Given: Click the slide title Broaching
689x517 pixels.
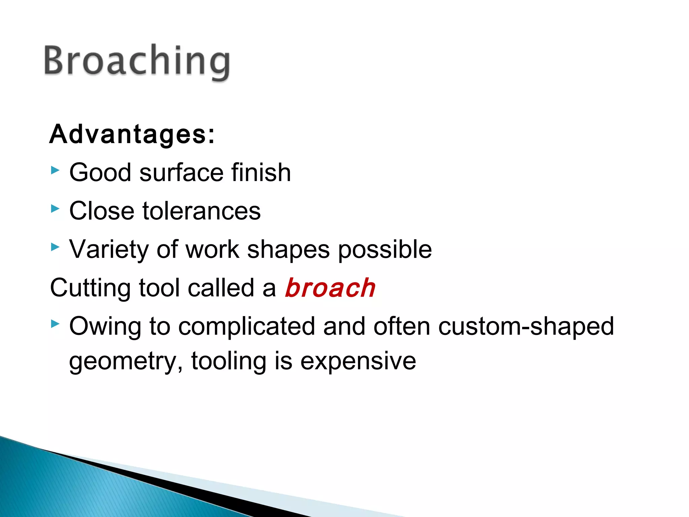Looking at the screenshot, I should click(137, 61).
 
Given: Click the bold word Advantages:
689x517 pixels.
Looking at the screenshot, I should click(132, 134).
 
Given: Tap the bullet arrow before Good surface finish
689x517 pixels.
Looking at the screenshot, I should click(55, 170).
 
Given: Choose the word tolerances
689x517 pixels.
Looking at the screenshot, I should click(202, 211).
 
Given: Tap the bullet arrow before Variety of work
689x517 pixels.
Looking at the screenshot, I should click(55, 247).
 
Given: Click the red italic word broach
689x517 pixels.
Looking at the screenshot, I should click(330, 288).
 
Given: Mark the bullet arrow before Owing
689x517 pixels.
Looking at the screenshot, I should click(55, 324).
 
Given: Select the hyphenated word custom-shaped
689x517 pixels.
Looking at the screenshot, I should click(526, 327).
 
